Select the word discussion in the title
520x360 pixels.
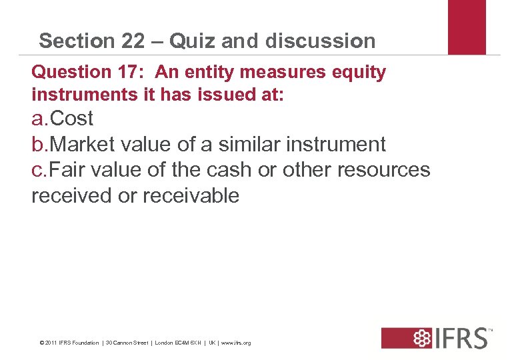320,41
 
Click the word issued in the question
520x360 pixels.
220,95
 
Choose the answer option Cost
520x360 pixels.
71,119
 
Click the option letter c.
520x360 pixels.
38,170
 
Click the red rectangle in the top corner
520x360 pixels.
467,27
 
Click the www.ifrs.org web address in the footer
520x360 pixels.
236,343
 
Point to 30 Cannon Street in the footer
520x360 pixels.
128,343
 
